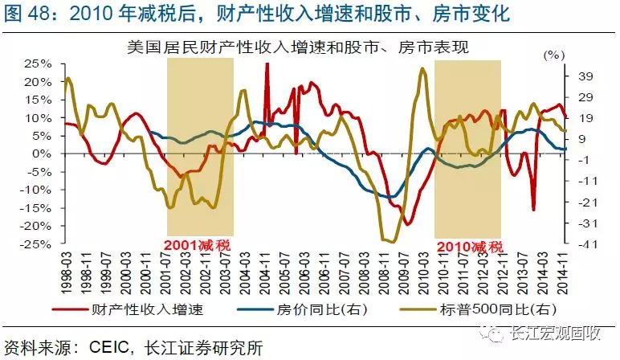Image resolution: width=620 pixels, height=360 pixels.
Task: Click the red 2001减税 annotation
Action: [198, 244]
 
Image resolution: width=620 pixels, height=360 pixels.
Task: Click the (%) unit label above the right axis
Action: [554, 55]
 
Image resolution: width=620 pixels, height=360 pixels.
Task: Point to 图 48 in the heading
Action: [24, 14]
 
